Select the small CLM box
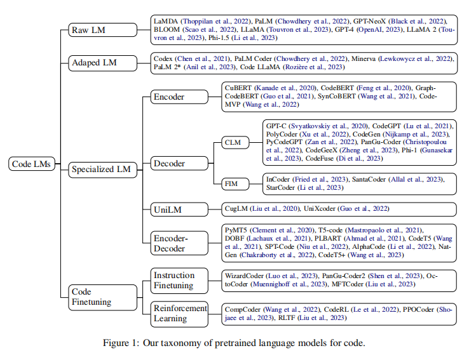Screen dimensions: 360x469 click(233, 143)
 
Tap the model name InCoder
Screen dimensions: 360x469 click(280, 180)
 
